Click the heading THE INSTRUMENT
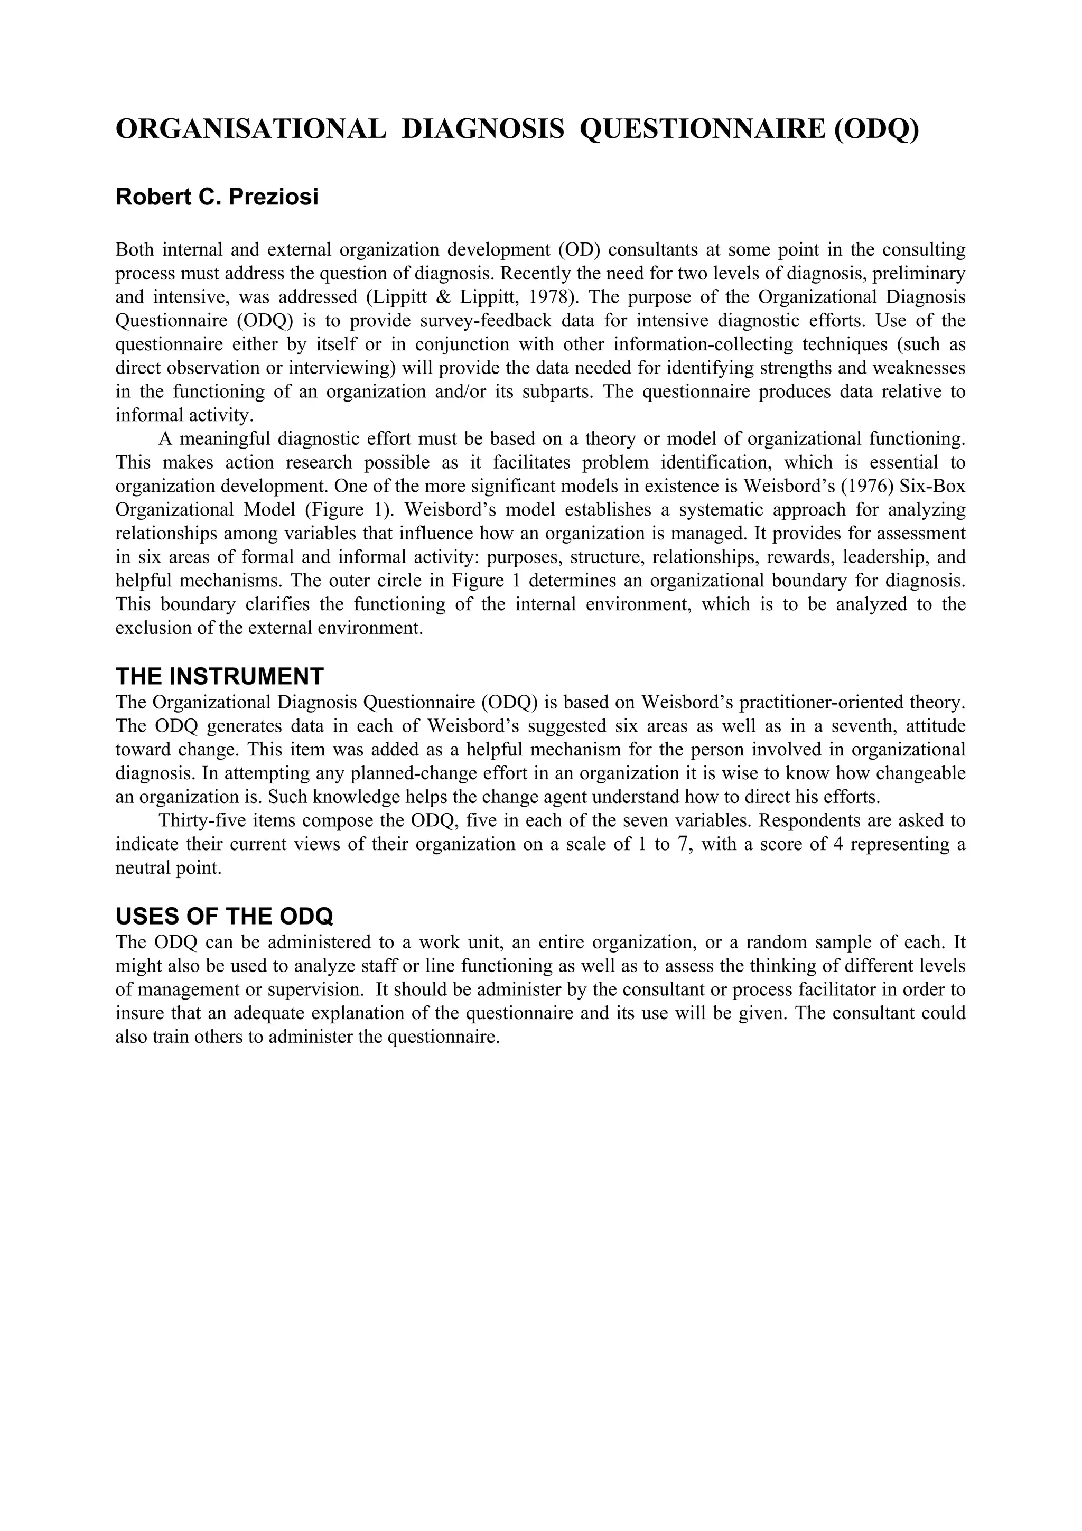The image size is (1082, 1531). [219, 677]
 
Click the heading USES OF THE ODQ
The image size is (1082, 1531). [224, 917]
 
